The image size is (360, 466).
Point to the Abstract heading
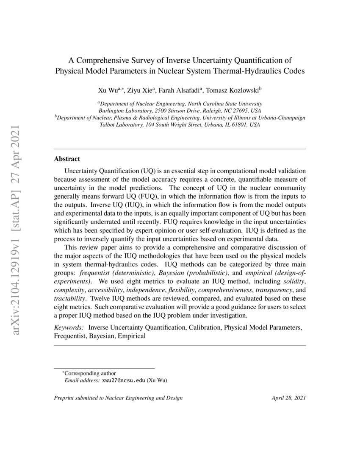coord(67,159)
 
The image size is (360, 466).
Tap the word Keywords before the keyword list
coord(69,328)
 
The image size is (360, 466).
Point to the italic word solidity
coord(295,281)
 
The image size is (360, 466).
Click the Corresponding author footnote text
coord(89,373)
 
